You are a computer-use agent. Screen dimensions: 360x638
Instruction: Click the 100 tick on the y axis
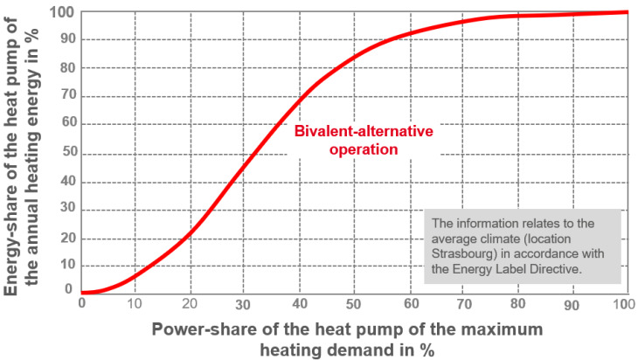pyautogui.click(x=62, y=12)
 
